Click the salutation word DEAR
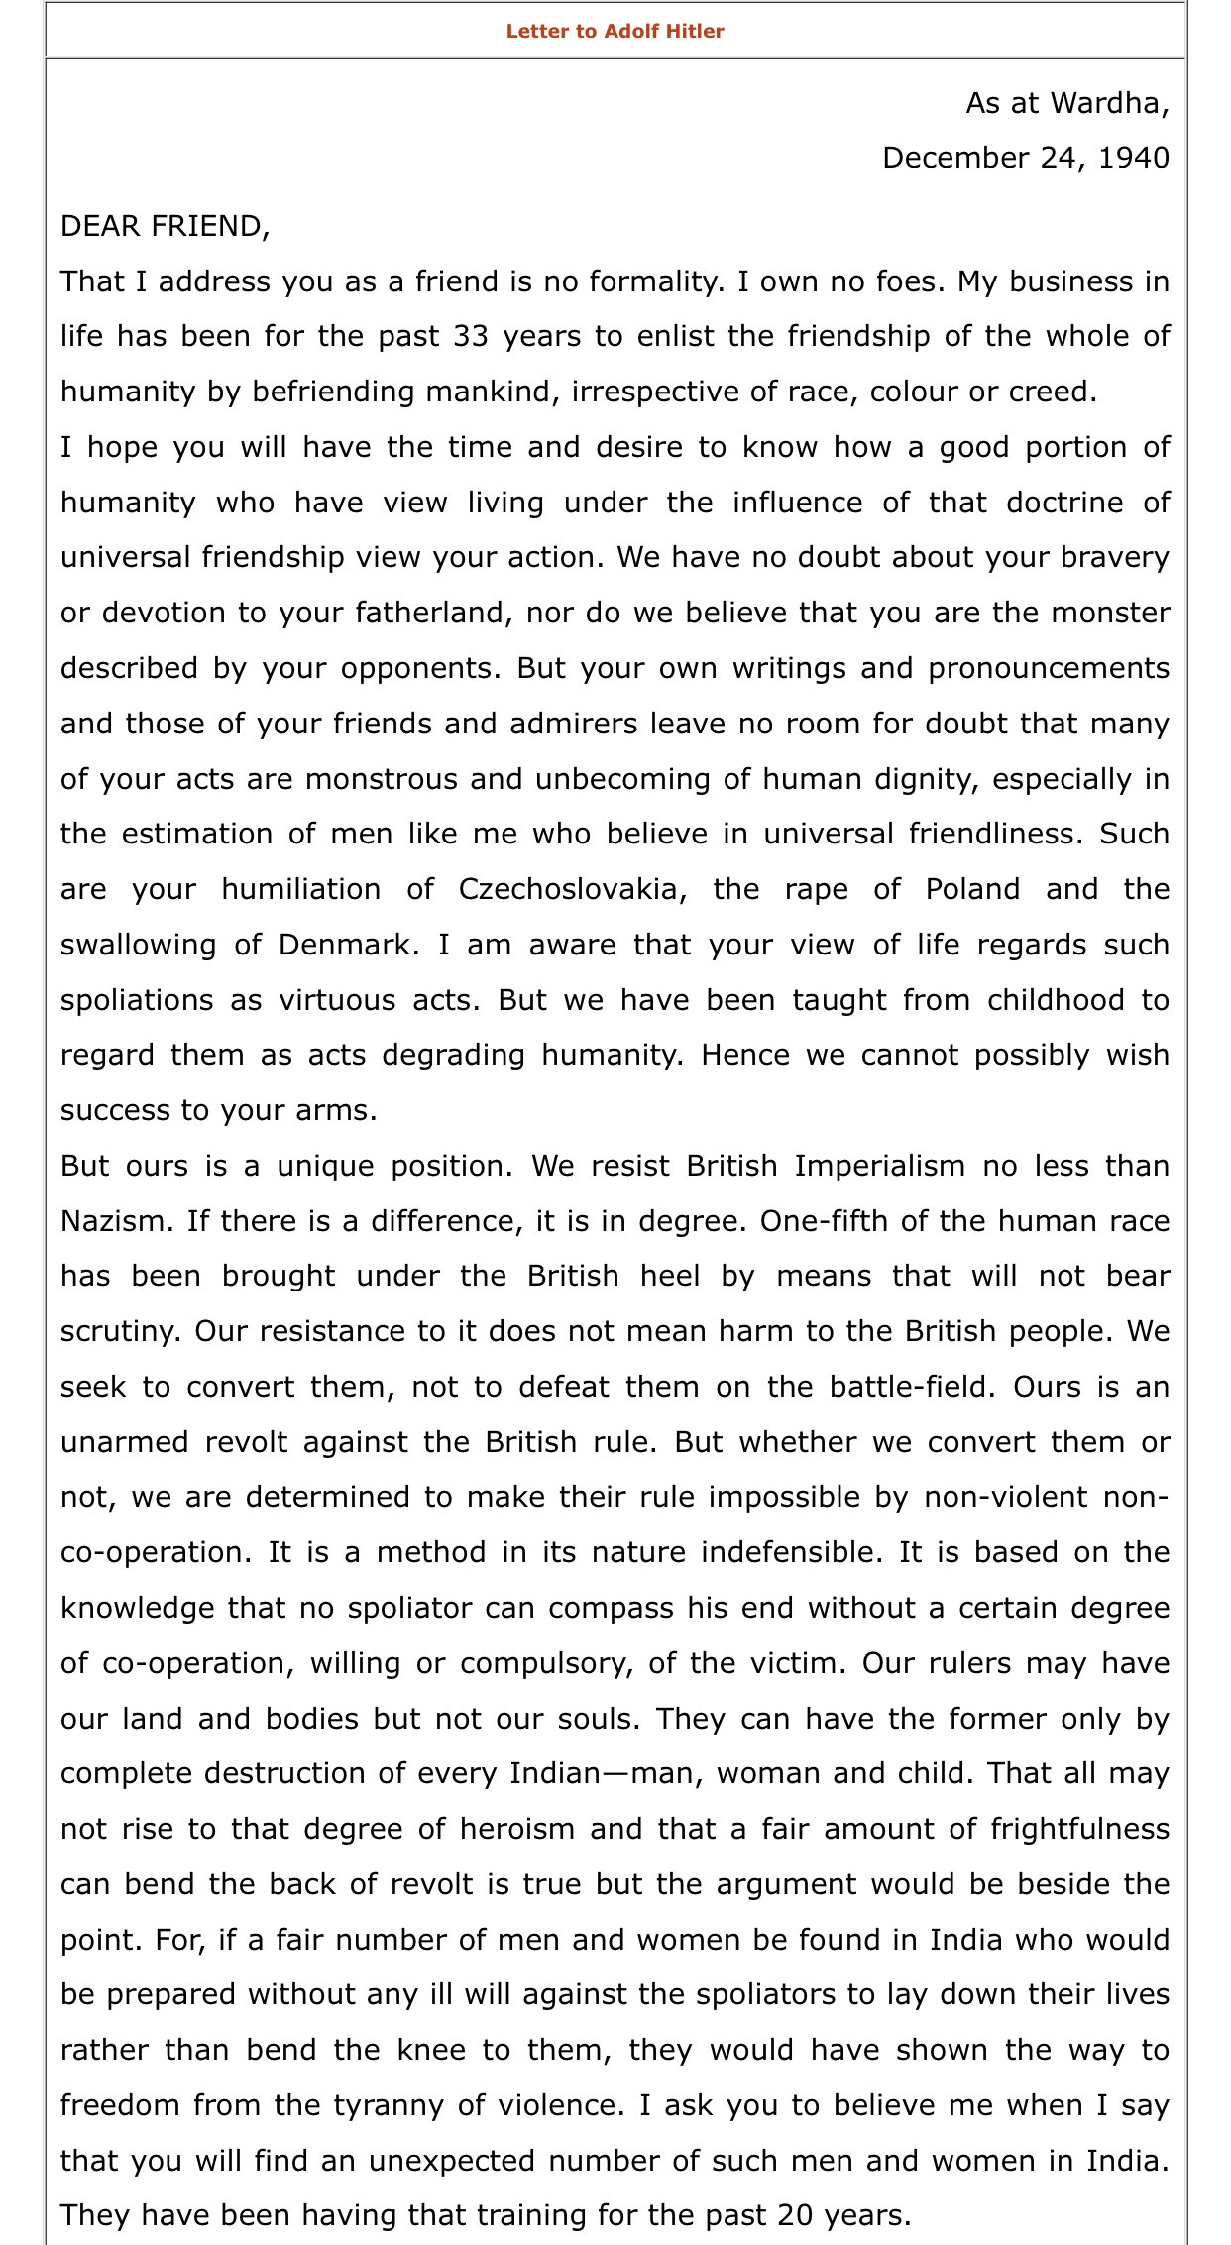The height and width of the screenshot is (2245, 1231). [x=98, y=226]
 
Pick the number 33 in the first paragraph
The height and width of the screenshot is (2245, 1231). [x=471, y=336]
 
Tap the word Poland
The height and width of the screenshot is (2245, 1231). [x=972, y=889]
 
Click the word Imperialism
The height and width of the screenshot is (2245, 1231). [x=879, y=1166]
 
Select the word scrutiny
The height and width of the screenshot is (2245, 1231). [x=120, y=1331]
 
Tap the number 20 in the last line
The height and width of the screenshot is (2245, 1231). [x=796, y=2215]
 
